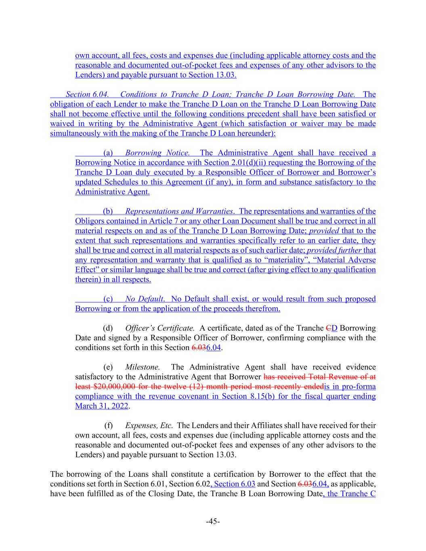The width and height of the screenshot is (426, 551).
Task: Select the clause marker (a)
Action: (108, 153)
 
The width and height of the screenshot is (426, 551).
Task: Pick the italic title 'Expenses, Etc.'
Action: (149, 425)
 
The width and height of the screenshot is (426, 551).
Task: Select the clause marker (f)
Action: (108, 425)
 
